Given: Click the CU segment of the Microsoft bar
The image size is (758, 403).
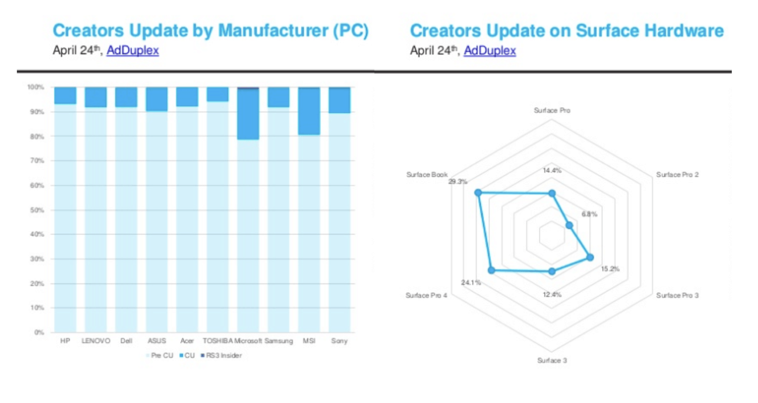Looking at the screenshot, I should (x=248, y=114).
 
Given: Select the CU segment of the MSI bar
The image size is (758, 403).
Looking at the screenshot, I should (x=309, y=111).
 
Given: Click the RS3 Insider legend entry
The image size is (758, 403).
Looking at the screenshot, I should (x=223, y=356).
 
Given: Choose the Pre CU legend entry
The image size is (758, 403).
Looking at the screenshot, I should (x=162, y=356).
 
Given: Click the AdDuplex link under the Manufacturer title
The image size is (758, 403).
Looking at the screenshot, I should (x=132, y=51).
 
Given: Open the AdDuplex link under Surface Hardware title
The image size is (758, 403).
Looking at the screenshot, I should (x=489, y=51).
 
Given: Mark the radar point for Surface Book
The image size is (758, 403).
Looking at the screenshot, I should (x=478, y=193).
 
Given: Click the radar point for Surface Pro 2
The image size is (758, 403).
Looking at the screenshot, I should (x=569, y=225).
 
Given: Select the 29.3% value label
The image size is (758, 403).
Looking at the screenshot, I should (x=457, y=182).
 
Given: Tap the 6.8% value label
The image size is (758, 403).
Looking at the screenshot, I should (x=589, y=214).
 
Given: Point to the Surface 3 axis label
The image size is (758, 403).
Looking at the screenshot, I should (x=552, y=360).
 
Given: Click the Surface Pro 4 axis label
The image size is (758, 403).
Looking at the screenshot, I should (x=426, y=295).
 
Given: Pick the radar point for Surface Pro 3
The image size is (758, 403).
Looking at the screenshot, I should (x=589, y=257).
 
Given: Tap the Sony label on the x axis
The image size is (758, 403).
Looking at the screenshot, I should (x=339, y=341).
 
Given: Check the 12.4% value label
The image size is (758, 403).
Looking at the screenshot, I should (x=552, y=294).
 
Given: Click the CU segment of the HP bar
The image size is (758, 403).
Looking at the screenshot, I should (x=65, y=96).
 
